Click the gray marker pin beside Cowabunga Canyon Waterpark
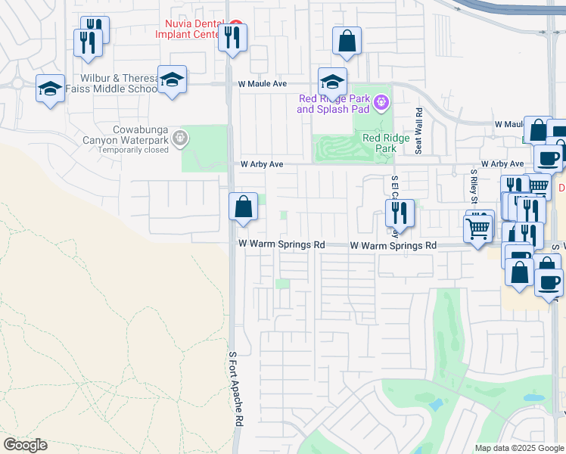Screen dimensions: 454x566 (x=179, y=138)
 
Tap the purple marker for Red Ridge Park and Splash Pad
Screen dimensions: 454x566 (x=381, y=101)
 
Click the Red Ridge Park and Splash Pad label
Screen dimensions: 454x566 (x=334, y=104)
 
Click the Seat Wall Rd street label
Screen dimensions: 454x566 (x=418, y=130)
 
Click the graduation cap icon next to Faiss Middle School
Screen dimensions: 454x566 (x=173, y=79)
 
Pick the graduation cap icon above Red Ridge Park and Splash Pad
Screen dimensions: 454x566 (x=332, y=81)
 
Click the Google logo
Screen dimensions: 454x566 (x=25, y=445)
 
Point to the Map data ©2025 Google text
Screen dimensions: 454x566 (x=519, y=448)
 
